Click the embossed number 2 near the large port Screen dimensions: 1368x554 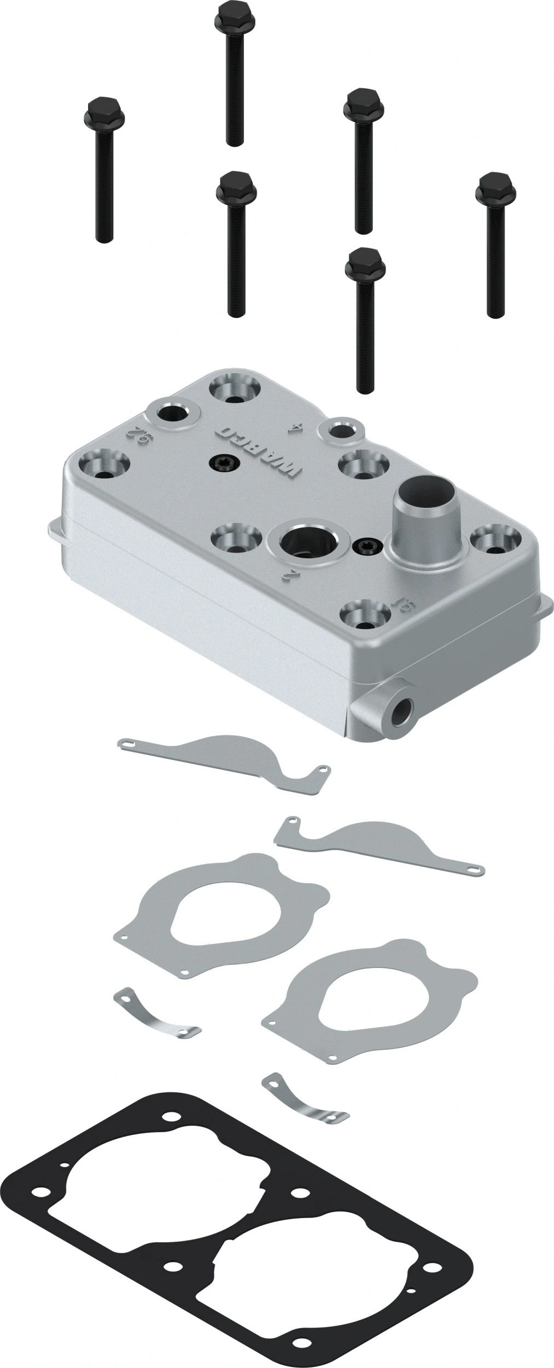pos(292,575)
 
